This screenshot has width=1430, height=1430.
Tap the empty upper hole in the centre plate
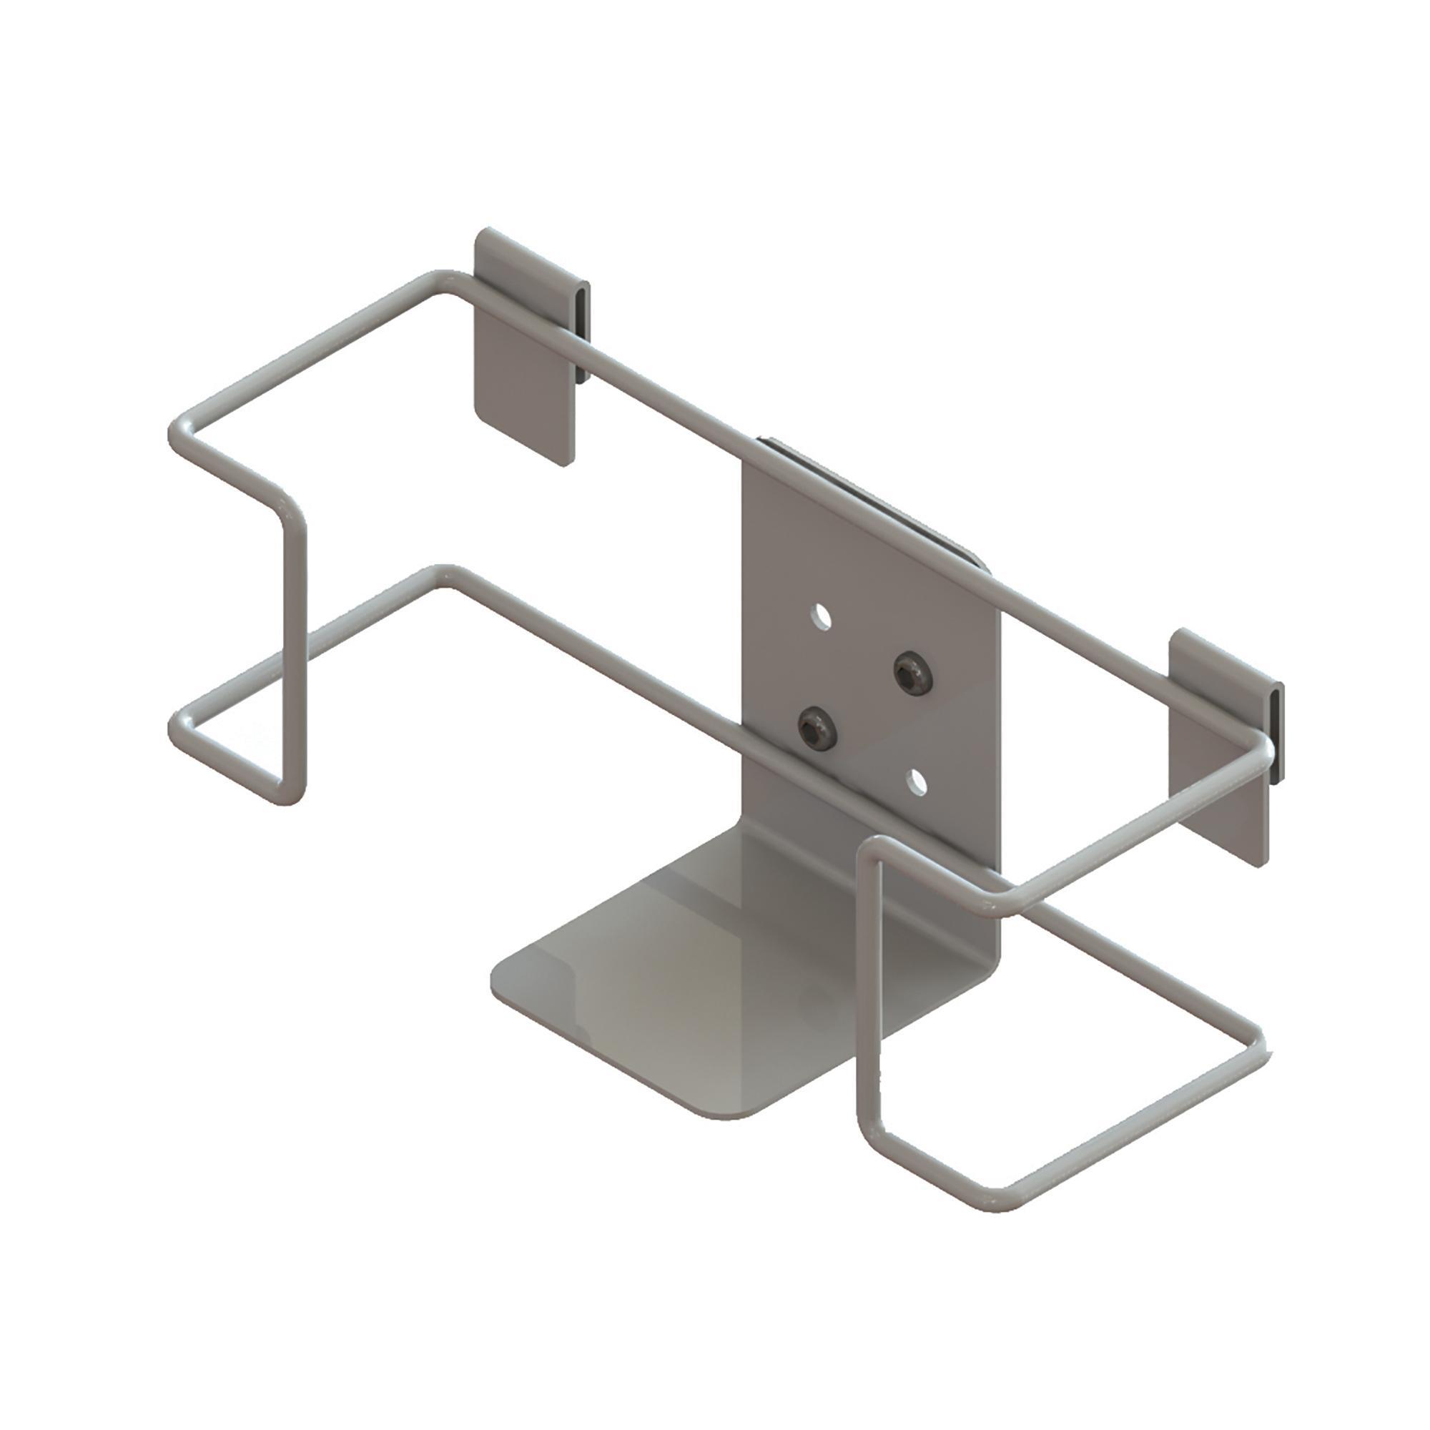[820, 616]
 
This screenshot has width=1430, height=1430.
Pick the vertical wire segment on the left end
[293, 651]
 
